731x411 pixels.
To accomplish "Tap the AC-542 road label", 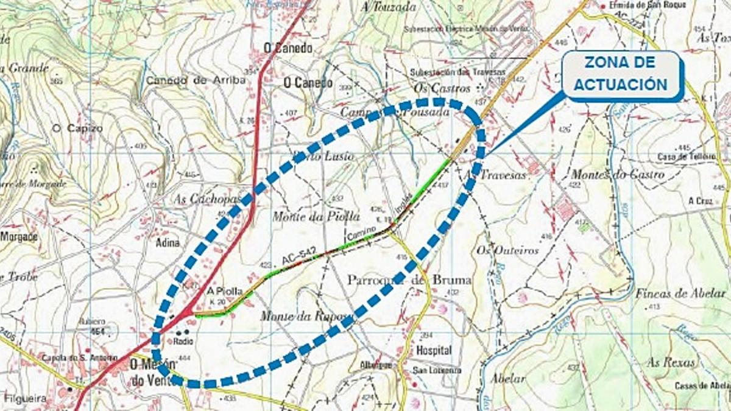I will tap(297, 258).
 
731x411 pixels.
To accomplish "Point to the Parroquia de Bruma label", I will tap(409, 280).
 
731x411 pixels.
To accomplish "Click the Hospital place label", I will tap(434, 351).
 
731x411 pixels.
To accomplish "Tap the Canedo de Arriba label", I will tap(196, 80).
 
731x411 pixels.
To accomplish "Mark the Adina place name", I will tap(168, 242).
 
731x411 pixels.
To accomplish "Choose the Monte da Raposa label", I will tap(306, 316).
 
